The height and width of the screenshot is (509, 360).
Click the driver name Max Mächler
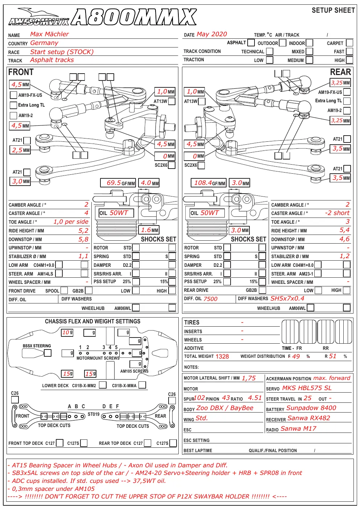pos(49,34)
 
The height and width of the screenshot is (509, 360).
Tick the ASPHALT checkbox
pos(251,42)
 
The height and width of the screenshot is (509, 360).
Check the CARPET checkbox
pos(349,43)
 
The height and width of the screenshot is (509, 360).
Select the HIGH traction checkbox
pos(349,60)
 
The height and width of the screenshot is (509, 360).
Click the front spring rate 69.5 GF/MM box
pos(118,183)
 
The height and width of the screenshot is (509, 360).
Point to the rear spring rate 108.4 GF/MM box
pos(208,183)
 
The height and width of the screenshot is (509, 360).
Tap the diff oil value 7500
pos(211,299)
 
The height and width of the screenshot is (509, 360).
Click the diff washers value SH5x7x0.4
pos(287,298)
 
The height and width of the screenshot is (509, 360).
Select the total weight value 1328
pos(222,356)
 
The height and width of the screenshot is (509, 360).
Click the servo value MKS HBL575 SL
pos(307,388)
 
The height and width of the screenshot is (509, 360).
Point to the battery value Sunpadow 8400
pos(311,408)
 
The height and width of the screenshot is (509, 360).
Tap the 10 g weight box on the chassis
pos(67,332)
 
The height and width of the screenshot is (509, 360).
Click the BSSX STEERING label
pos(37,346)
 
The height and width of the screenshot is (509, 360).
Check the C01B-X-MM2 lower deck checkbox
pos(103,385)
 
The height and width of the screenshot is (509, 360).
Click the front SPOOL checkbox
pos(64,290)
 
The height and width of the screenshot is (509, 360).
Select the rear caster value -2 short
pos(337,213)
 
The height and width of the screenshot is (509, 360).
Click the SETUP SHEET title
pos(333,11)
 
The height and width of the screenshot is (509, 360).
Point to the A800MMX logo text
pos(134,17)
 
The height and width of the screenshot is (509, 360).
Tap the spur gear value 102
pos(199,398)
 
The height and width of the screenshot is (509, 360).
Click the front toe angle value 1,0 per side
pos(71,222)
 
